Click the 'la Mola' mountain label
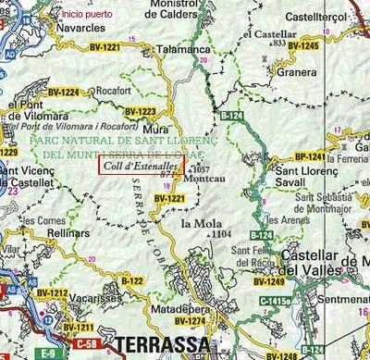[x=200, y=223]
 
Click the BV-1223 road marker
[x=140, y=111]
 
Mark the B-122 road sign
[x=132, y=280]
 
